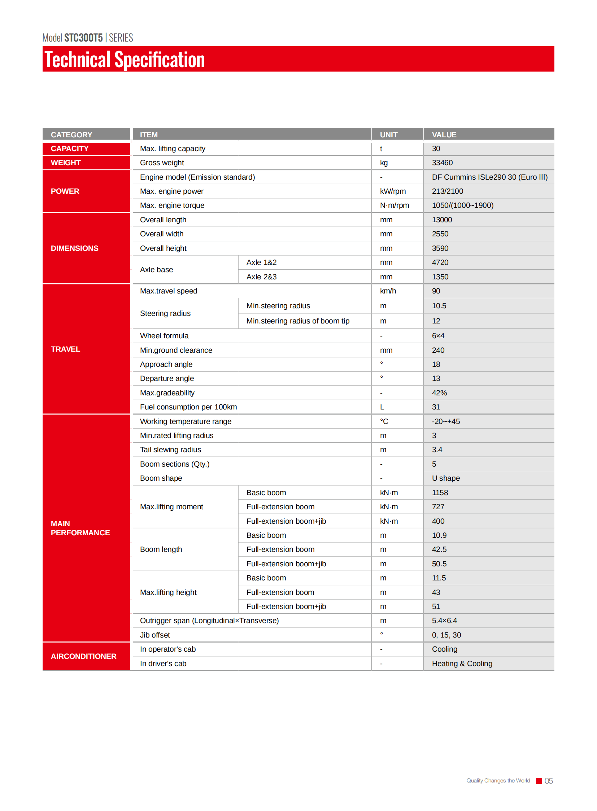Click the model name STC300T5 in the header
point(83,38)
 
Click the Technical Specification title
point(125,60)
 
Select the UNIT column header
point(388,134)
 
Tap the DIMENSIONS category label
point(74,248)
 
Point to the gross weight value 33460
point(442,163)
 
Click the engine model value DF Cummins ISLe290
point(489,177)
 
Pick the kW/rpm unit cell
point(392,191)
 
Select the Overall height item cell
point(163,248)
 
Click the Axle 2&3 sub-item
point(261,277)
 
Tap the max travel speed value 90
point(436,291)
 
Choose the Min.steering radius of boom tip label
point(298,321)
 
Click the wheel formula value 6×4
point(438,336)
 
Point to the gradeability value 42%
point(439,392)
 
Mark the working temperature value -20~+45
point(445,421)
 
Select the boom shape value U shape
point(445,478)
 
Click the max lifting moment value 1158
point(440,493)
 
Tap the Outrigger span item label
point(209,621)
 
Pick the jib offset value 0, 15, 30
point(446,635)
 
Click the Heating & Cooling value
point(462,663)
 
